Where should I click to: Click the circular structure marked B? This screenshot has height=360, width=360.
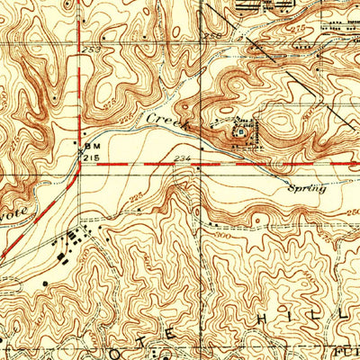(240, 130)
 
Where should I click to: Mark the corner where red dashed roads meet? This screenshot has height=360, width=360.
(81, 165)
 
